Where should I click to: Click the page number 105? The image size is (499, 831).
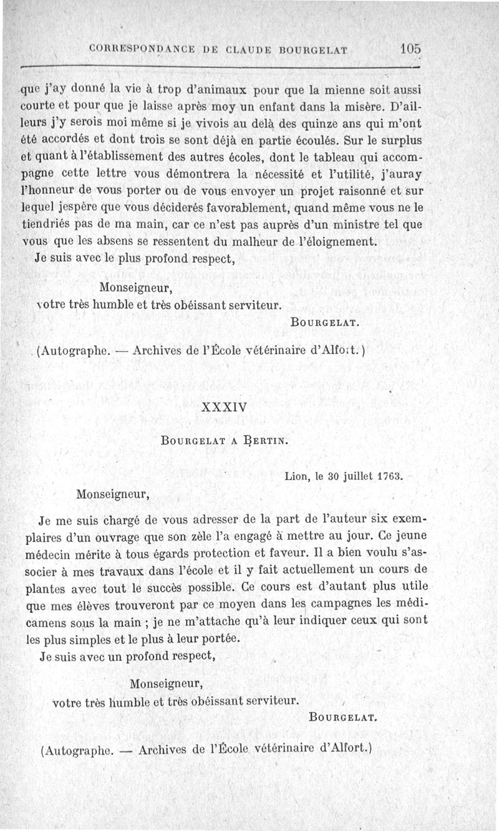(412, 48)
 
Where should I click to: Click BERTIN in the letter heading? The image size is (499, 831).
(265, 441)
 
